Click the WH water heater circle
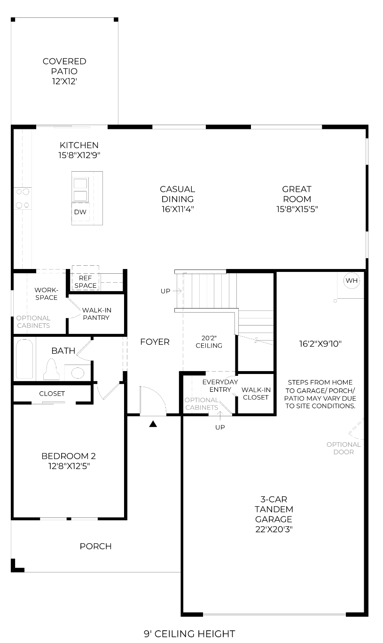tap(352, 280)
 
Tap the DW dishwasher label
tap(80, 212)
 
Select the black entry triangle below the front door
tap(153, 424)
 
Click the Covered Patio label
tap(64, 66)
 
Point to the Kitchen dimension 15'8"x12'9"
tap(79, 155)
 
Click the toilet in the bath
tap(51, 369)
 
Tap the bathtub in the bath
tap(24, 359)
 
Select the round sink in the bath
tap(78, 373)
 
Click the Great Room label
tap(297, 194)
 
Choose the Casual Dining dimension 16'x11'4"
tap(178, 209)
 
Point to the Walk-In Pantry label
tap(96, 314)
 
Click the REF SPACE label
tap(86, 282)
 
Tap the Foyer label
tap(155, 341)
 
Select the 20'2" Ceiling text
tap(209, 341)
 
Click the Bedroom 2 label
tap(69, 456)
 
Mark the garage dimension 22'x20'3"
tap(274, 529)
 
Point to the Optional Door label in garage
tap(344, 448)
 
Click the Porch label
tap(95, 546)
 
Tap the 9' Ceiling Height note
tap(189, 634)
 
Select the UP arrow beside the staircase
tap(177, 291)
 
